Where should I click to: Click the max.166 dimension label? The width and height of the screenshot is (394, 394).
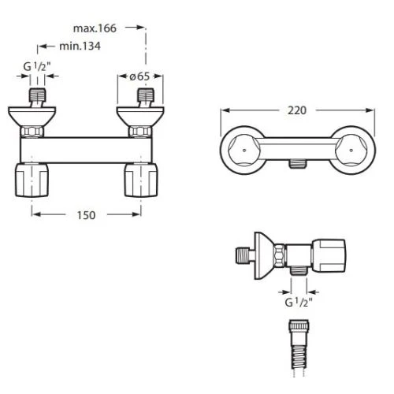95,28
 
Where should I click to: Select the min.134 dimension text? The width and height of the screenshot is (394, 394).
80,46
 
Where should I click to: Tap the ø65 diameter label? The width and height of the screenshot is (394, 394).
139,76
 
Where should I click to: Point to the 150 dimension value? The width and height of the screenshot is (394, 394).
86,215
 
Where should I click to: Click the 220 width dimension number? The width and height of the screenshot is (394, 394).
297,110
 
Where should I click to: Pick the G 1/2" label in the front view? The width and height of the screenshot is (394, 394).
37,67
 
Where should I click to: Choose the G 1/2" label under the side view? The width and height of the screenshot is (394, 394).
299,303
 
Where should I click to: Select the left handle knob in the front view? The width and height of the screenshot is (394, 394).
32,180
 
